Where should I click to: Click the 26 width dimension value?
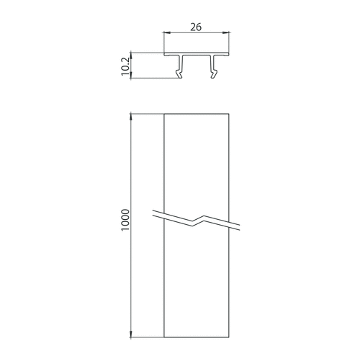tap(196, 27)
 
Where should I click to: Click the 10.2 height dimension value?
tap(125, 66)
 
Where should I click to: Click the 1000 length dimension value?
tap(125, 220)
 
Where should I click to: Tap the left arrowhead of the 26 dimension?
tap(166, 32)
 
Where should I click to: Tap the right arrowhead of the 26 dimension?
tap(226, 32)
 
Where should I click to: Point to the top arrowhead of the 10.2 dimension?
tap(131, 55)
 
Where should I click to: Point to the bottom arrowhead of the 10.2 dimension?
tap(131, 75)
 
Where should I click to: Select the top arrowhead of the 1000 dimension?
tap(131, 117)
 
